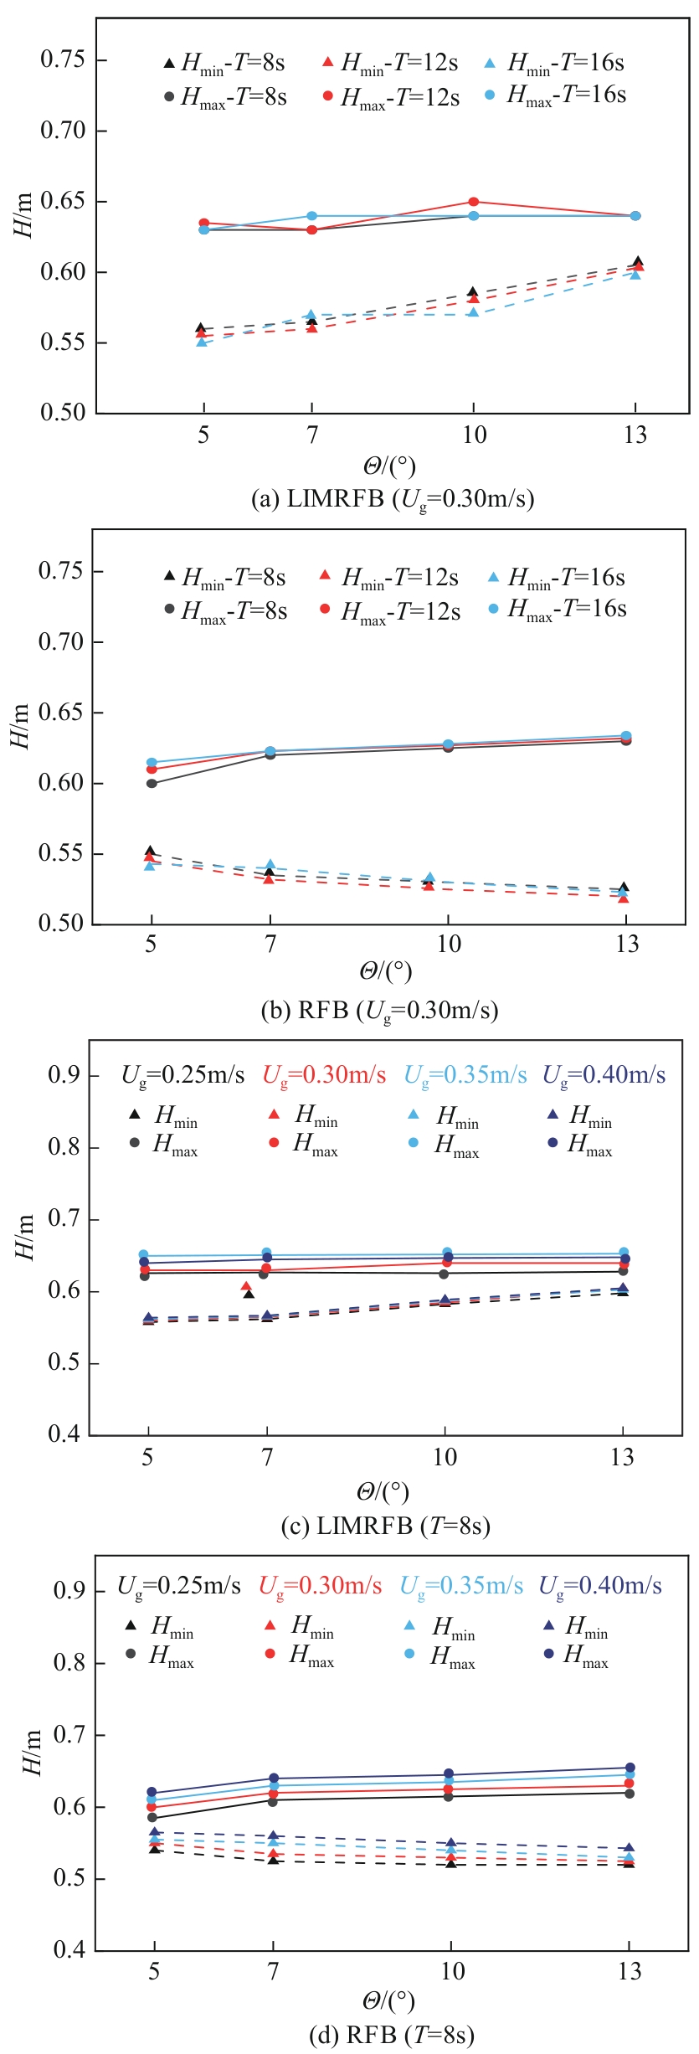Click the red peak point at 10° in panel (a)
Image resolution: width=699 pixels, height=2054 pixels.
[x=473, y=202]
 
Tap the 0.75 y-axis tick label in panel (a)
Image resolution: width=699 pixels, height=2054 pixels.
[x=63, y=59]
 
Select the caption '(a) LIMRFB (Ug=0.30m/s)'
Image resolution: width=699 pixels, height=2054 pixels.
[x=393, y=499]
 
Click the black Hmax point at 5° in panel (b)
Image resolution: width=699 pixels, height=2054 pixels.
[x=152, y=784]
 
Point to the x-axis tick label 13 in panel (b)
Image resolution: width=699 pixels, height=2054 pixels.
[x=627, y=945]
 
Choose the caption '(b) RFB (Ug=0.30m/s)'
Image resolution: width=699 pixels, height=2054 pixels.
[x=380, y=1011]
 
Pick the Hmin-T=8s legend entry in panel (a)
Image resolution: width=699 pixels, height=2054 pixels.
[x=224, y=63]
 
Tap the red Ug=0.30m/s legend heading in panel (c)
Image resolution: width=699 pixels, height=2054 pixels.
[x=324, y=1075]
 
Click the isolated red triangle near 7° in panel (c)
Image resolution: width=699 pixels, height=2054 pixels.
[x=246, y=1287]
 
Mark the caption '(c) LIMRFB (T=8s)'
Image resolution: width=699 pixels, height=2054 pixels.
[x=385, y=1526]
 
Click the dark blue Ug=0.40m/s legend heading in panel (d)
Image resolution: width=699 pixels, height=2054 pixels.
[x=599, y=1586]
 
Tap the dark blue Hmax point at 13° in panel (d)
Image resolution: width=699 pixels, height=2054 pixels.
[x=630, y=1768]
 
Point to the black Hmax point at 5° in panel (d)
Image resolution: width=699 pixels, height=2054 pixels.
[x=152, y=1818]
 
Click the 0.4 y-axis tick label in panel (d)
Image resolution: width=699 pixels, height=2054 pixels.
[x=69, y=1951]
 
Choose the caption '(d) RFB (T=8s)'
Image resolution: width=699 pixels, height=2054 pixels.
[x=391, y=2036]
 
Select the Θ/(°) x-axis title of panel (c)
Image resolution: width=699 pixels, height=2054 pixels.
[x=383, y=1491]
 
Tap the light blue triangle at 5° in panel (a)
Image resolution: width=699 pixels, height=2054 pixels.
[x=202, y=342]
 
